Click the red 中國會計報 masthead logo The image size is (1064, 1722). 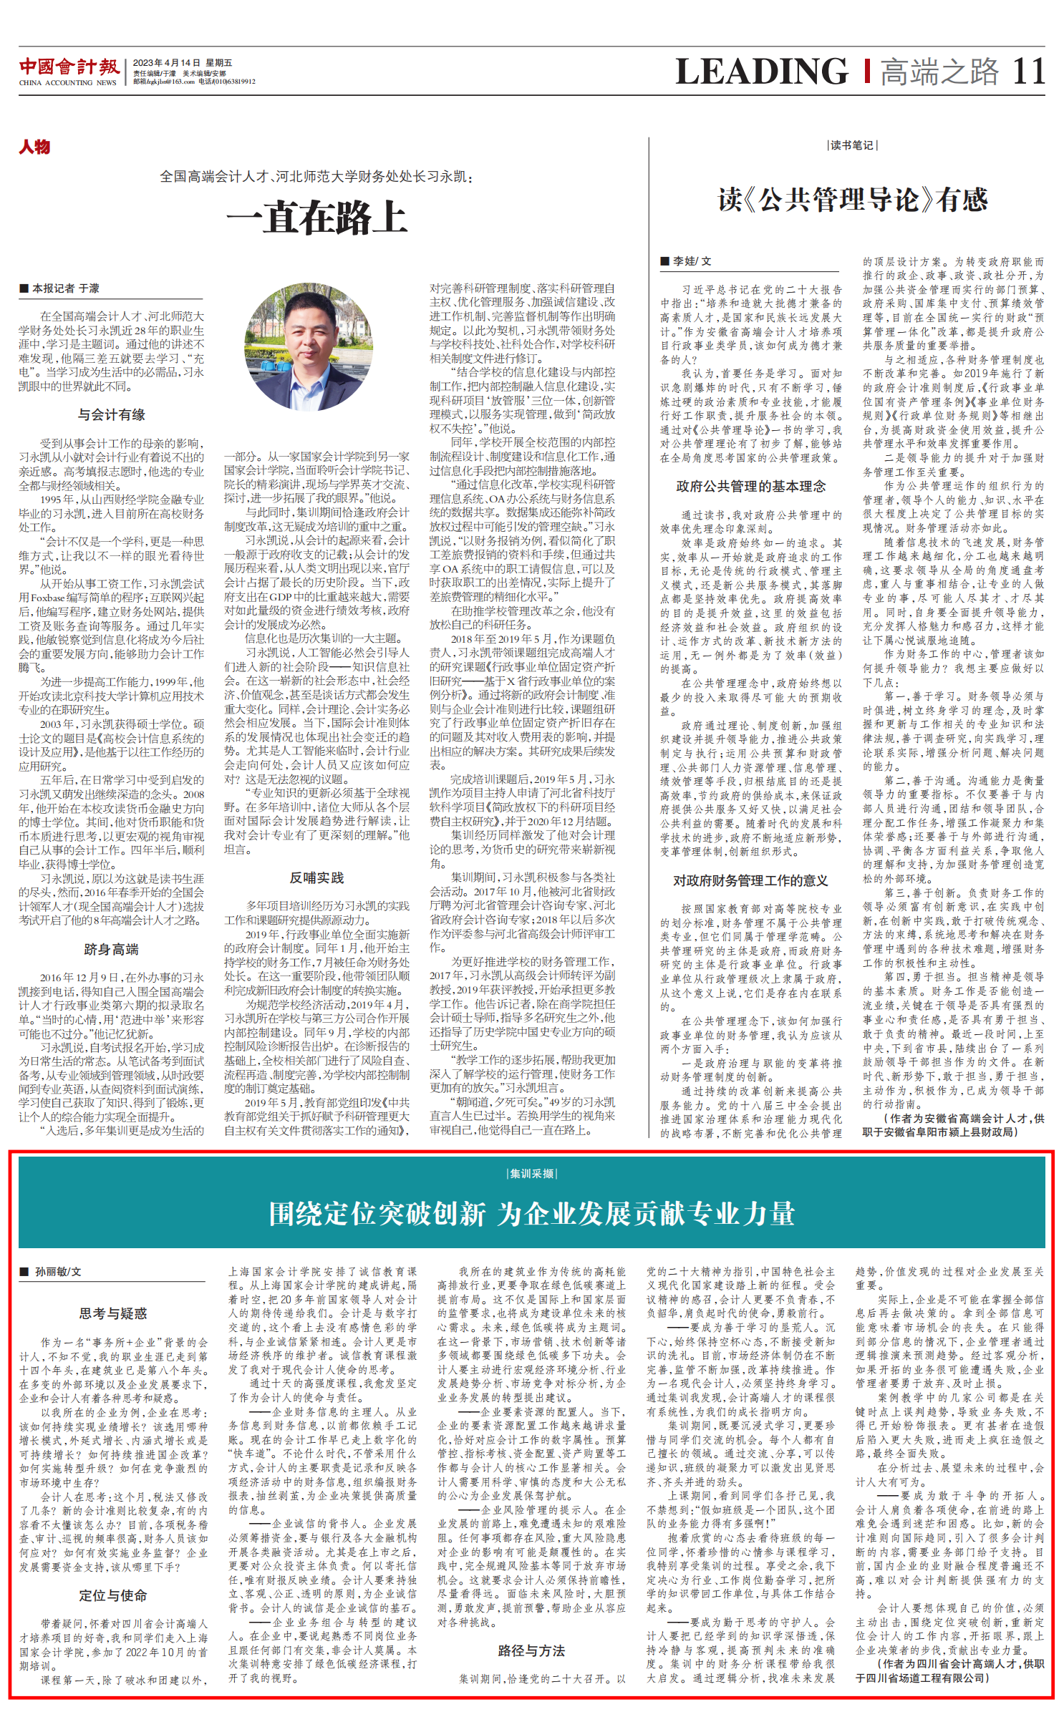69,67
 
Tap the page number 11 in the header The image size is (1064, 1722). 1028,72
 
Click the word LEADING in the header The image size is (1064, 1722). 762,72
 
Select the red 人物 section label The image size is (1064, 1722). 34,147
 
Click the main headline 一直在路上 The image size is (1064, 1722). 316,218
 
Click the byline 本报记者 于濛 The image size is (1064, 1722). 60,288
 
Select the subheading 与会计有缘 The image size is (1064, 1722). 112,414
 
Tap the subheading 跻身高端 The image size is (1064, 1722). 112,949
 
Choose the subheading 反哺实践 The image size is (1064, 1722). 316,877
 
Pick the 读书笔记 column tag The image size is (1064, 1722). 851,145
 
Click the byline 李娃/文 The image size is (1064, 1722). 687,261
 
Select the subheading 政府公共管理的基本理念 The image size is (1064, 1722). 750,487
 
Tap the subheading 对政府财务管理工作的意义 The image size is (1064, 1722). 750,880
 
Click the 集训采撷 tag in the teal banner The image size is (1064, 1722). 531,1174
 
